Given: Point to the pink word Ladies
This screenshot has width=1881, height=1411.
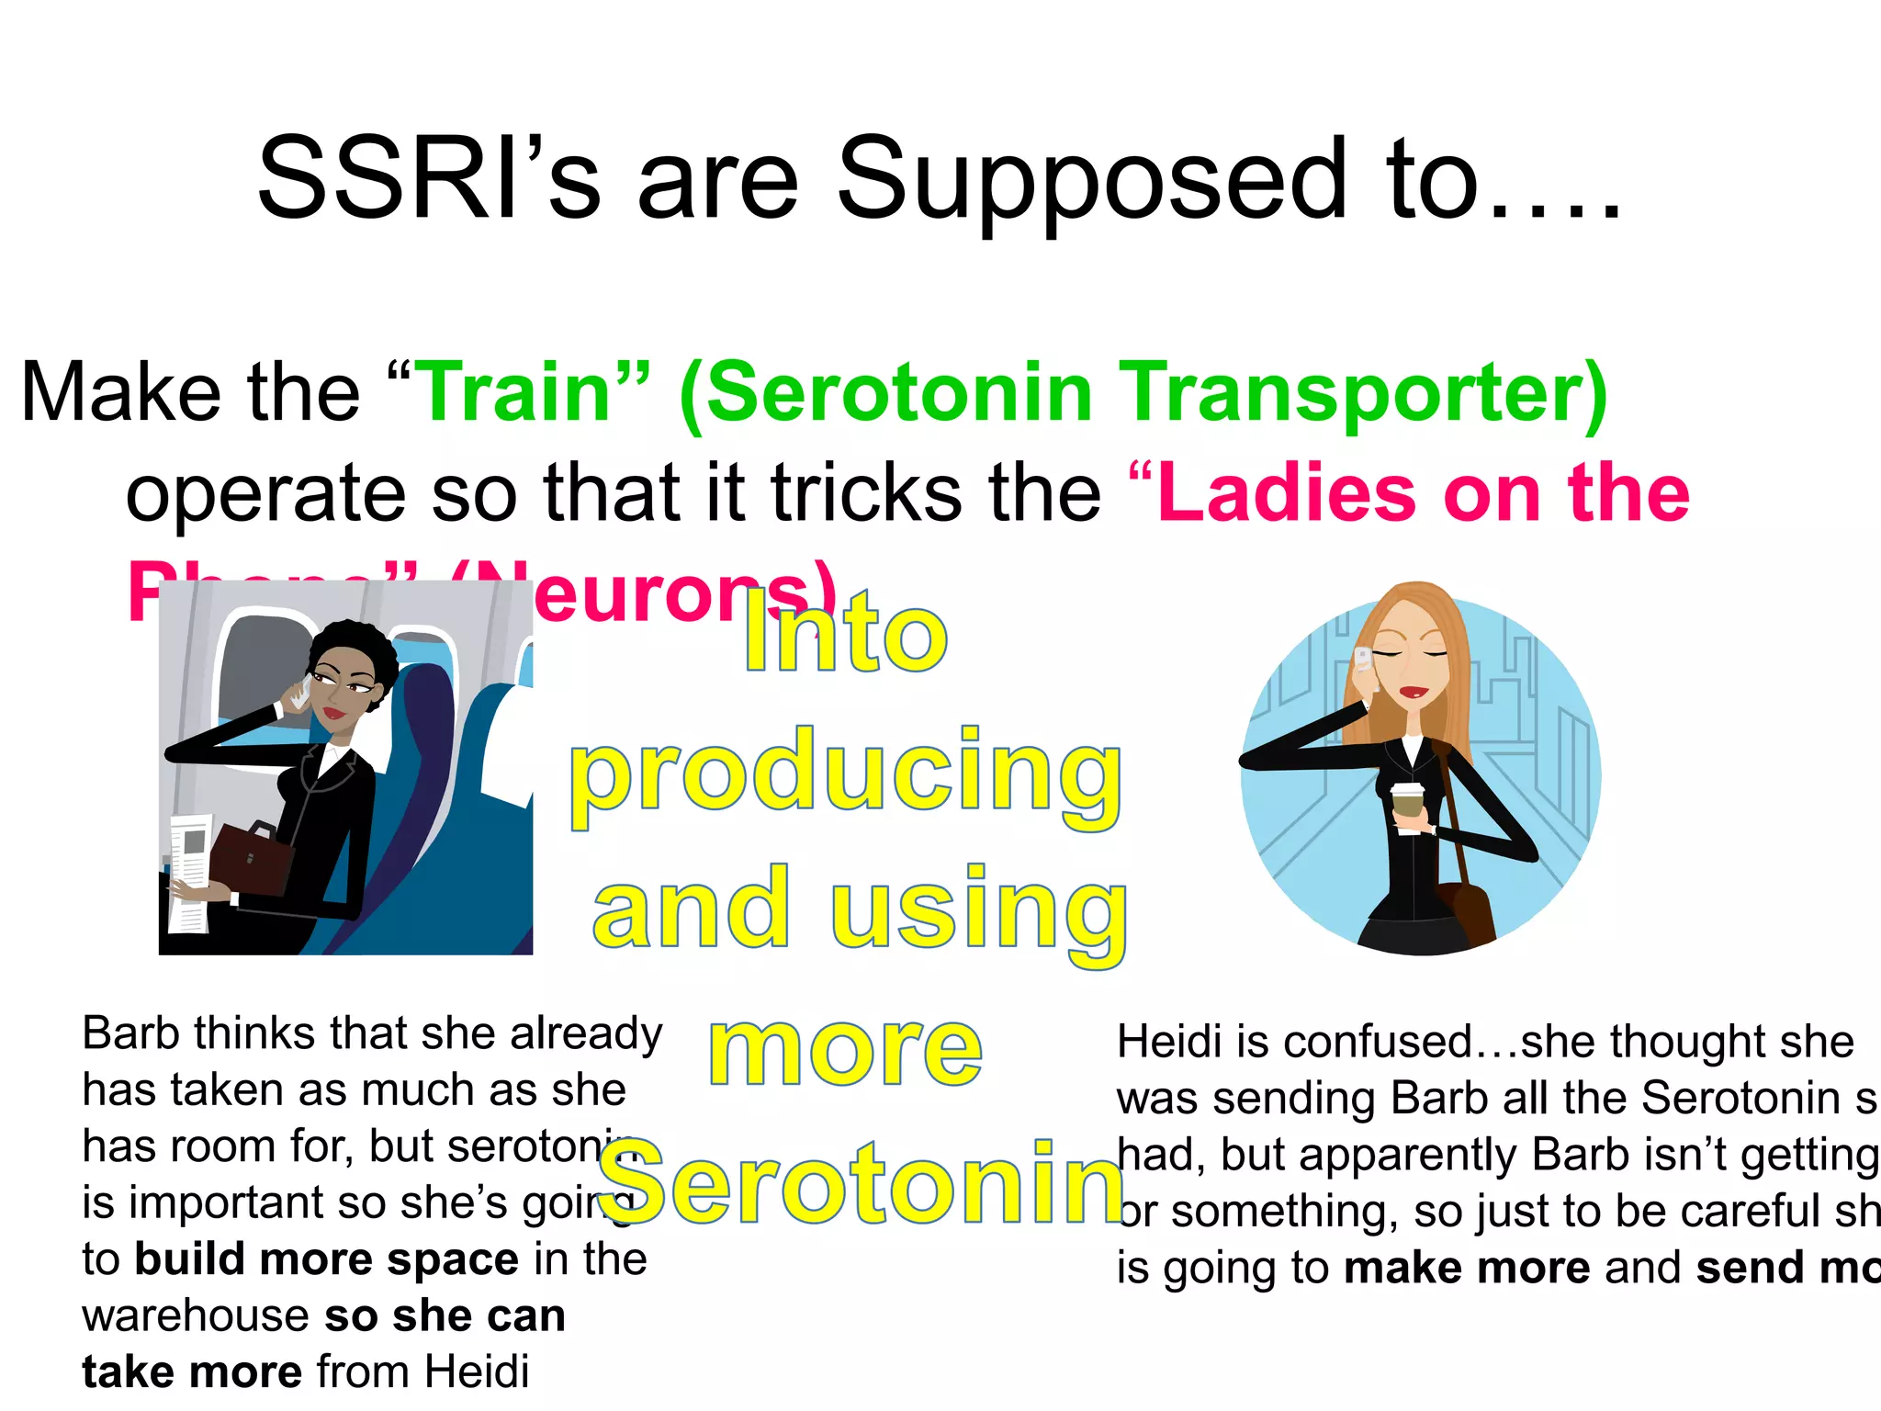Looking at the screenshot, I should click(1286, 493).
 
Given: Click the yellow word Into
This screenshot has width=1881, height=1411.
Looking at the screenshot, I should click(845, 634).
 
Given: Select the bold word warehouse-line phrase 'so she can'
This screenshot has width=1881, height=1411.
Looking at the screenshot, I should click(445, 1315).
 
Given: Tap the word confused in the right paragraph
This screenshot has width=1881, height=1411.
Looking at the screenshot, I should click(1378, 1042).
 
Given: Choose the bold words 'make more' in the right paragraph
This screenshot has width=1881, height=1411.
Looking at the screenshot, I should click(1467, 1268).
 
